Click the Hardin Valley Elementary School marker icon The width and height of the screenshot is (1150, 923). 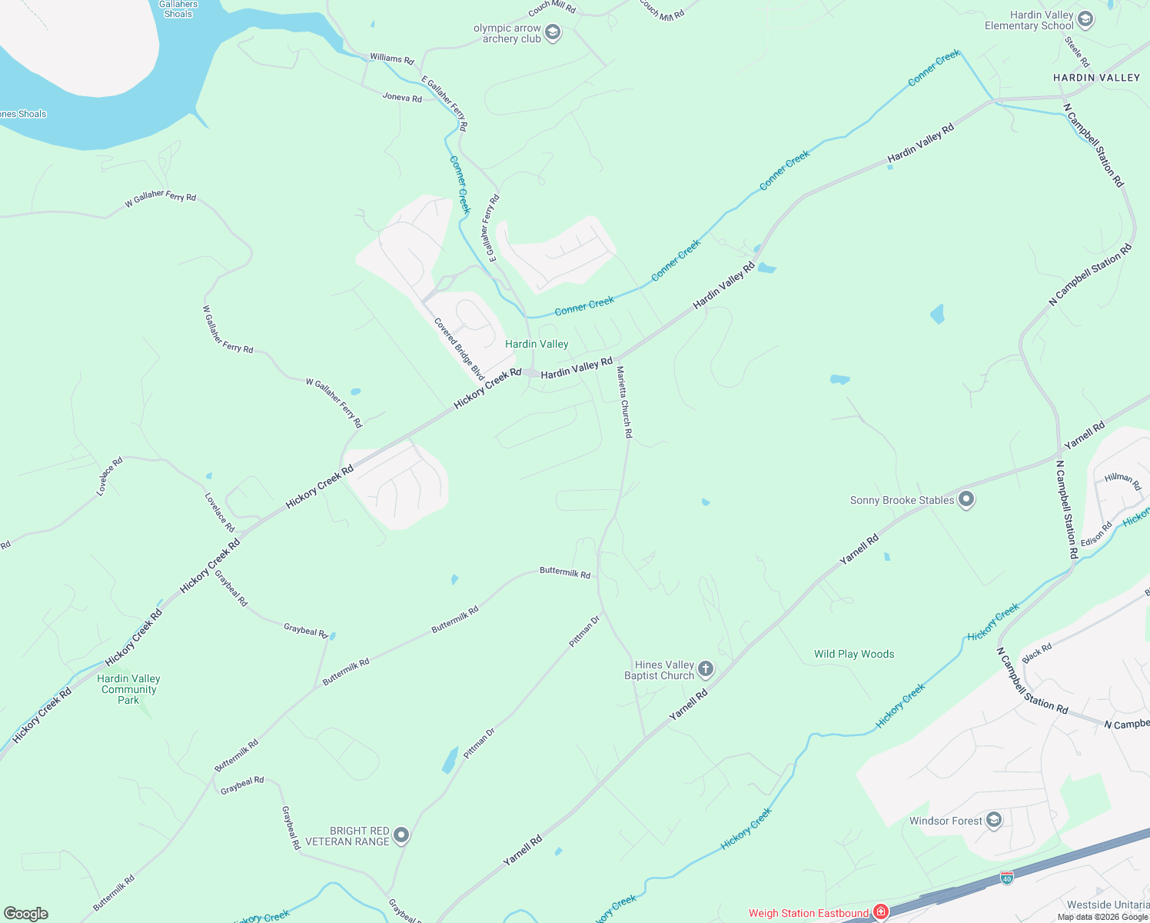[1085, 20]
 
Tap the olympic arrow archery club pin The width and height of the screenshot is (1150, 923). [552, 33]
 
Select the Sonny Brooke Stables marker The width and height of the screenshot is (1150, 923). [966, 500]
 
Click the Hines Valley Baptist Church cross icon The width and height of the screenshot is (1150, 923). [705, 670]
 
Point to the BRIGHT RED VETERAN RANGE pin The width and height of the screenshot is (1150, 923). [401, 836]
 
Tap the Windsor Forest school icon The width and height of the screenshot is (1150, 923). [993, 821]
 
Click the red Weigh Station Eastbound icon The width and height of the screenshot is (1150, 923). [881, 913]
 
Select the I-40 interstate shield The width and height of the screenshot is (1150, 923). [1007, 877]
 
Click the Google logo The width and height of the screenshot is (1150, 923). [26, 914]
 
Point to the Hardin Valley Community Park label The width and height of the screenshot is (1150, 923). [128, 689]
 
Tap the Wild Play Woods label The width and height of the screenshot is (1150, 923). [854, 654]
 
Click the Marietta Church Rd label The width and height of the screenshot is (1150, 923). [624, 402]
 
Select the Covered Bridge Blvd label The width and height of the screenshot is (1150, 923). [459, 348]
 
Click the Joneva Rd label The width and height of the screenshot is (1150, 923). [402, 98]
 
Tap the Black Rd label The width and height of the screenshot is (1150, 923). [1037, 653]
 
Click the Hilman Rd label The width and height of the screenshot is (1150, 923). [1122, 481]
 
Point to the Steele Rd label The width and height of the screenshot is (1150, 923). [1077, 52]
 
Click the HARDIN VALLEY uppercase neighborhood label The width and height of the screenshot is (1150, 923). [1096, 78]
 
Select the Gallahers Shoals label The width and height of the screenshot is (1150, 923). [178, 8]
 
